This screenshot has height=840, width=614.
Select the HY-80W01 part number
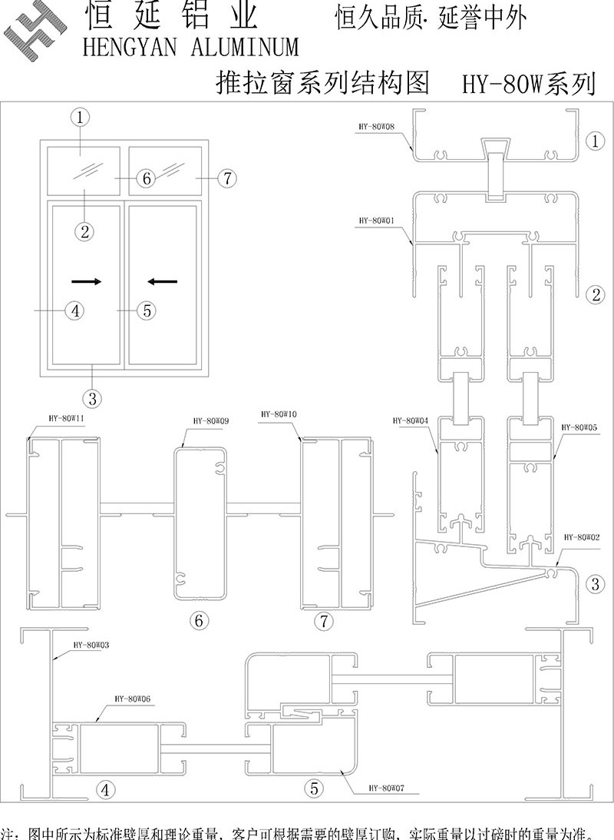point(375,220)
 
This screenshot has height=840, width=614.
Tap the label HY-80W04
point(409,420)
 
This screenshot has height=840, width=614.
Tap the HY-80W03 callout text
point(91,646)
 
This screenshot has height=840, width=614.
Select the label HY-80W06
point(133,699)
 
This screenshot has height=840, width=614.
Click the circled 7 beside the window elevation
point(226,178)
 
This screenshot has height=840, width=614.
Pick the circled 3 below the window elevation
point(92,398)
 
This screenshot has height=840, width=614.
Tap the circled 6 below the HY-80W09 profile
point(198,620)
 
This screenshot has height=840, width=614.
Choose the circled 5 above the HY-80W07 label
point(313,787)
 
